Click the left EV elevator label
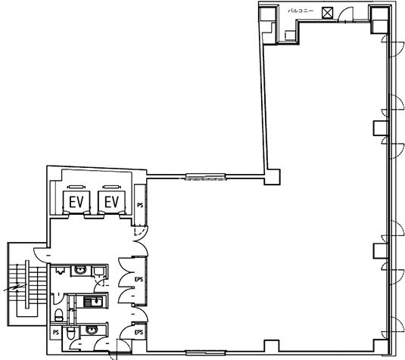(x=76, y=202)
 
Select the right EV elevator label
(x=111, y=202)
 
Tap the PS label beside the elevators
(x=140, y=205)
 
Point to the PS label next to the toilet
(x=56, y=332)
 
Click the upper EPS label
(x=139, y=279)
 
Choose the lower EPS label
(x=139, y=332)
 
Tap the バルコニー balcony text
(x=301, y=11)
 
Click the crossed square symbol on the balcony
(x=328, y=13)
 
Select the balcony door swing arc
(x=344, y=14)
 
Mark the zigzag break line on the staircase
(x=15, y=287)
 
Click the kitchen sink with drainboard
(x=93, y=302)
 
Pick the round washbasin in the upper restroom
(x=80, y=271)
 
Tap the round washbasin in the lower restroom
(x=92, y=331)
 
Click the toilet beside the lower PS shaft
(x=70, y=334)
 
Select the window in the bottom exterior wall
(x=206, y=352)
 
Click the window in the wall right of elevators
(x=206, y=177)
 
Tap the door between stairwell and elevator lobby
(x=41, y=255)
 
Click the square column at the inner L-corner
(x=273, y=177)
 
